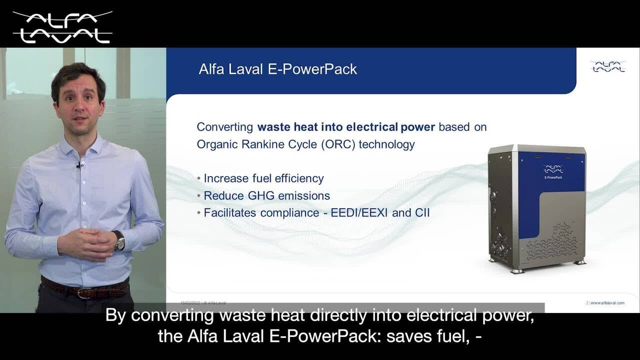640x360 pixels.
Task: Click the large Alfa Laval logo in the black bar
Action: click(62, 27)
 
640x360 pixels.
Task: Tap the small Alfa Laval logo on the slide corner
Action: click(608, 66)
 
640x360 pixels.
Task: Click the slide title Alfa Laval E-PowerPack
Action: click(277, 69)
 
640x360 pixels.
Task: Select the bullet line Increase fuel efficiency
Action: click(263, 178)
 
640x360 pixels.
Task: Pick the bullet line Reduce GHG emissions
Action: click(266, 195)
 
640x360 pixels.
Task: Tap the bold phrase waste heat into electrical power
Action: click(346, 127)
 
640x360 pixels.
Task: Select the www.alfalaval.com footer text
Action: click(607, 303)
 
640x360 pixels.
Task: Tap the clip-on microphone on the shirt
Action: click(79, 165)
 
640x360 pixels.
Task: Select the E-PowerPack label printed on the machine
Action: click(553, 177)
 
